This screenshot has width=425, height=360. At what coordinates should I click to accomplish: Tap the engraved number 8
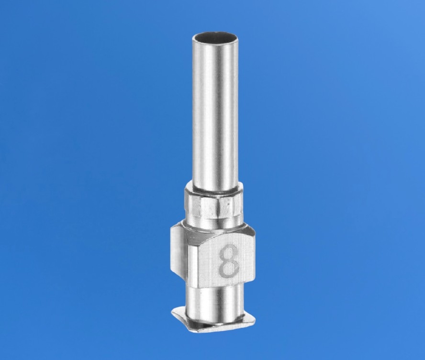(229, 260)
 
